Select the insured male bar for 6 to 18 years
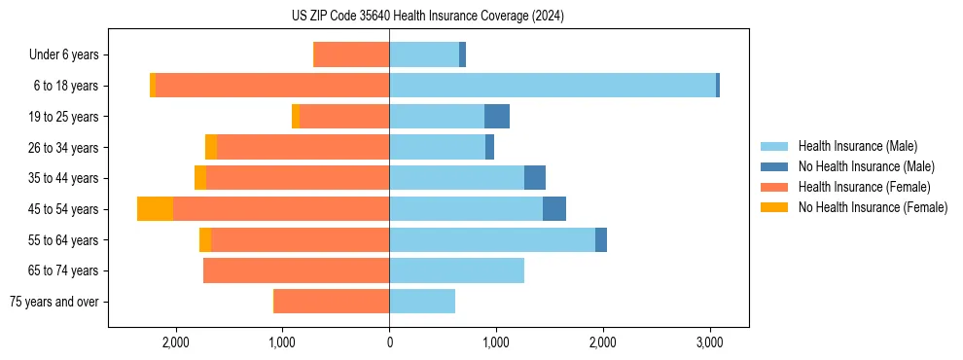coord(553,86)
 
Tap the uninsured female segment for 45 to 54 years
coord(155,209)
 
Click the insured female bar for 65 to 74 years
coord(296,270)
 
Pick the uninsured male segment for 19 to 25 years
coord(497,117)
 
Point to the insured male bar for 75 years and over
coord(422,302)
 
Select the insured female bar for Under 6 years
coord(352,55)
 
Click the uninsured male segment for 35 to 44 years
coord(535,178)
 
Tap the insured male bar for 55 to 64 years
coord(492,240)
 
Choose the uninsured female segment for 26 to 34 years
coord(211,148)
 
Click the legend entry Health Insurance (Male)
coord(857,146)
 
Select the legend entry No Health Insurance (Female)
coord(873,207)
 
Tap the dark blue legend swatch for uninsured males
coord(774,166)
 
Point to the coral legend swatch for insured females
coord(774,187)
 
